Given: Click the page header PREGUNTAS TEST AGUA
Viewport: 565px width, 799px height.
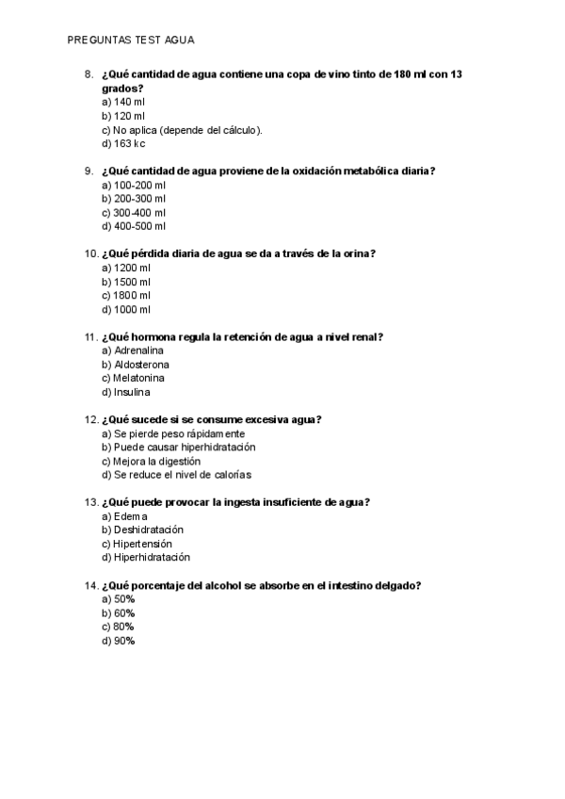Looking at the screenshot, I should tap(131, 41).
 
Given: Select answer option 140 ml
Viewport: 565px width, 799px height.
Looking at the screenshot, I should tap(123, 102).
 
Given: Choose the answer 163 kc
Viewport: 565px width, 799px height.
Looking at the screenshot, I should tap(123, 144).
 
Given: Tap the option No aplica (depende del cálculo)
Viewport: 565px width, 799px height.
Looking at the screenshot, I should tap(182, 130).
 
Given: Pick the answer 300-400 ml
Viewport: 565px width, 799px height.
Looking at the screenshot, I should tap(134, 212).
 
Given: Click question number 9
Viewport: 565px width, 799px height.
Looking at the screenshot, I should tap(89, 171).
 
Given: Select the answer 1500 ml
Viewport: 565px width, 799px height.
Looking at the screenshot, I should tap(126, 282).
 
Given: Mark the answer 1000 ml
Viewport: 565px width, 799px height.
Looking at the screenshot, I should tap(126, 309).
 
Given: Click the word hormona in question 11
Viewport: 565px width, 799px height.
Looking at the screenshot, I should tap(158, 336).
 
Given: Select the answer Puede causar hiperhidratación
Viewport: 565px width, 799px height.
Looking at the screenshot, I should tap(179, 447).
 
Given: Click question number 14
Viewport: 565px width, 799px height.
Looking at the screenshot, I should tap(91, 585).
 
